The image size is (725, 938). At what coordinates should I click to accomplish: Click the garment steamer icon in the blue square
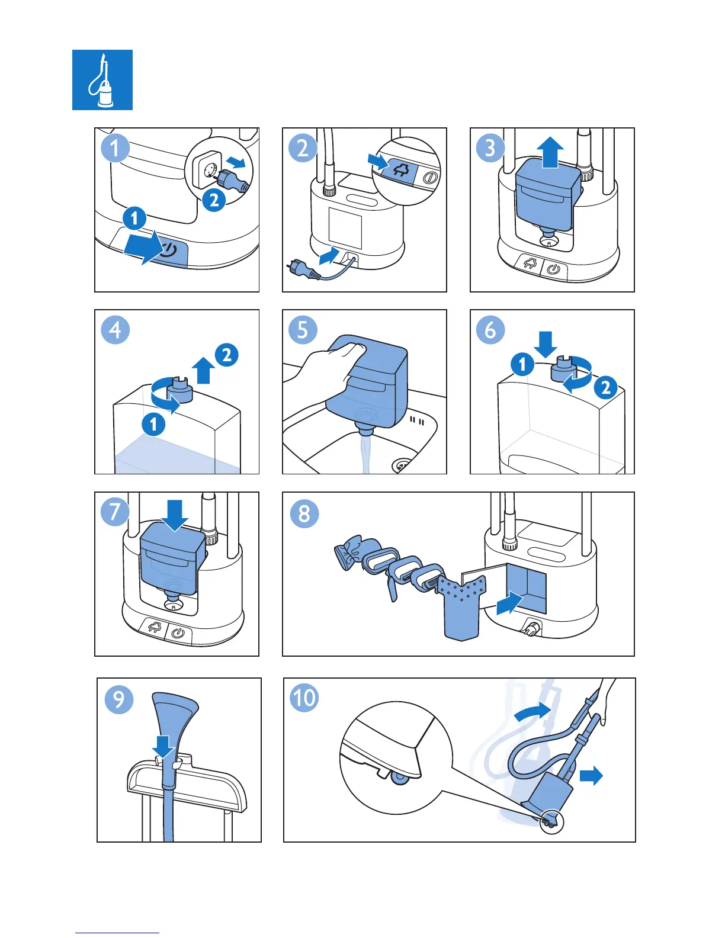[102, 80]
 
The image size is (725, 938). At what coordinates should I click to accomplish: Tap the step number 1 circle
[115, 148]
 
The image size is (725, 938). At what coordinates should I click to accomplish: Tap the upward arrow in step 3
[551, 152]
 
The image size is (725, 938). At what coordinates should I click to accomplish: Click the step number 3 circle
[490, 148]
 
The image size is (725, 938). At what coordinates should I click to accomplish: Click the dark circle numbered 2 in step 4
[227, 355]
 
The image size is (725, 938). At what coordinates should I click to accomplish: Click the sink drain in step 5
[404, 465]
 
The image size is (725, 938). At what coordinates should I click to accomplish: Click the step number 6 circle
[490, 330]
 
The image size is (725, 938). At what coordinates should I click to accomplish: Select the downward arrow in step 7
[175, 515]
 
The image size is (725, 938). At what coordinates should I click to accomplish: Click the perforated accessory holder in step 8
[462, 607]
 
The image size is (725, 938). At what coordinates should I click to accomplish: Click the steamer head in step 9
[175, 714]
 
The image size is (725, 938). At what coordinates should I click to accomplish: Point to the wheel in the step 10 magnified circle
[398, 778]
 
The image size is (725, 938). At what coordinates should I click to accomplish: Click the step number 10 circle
[304, 697]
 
